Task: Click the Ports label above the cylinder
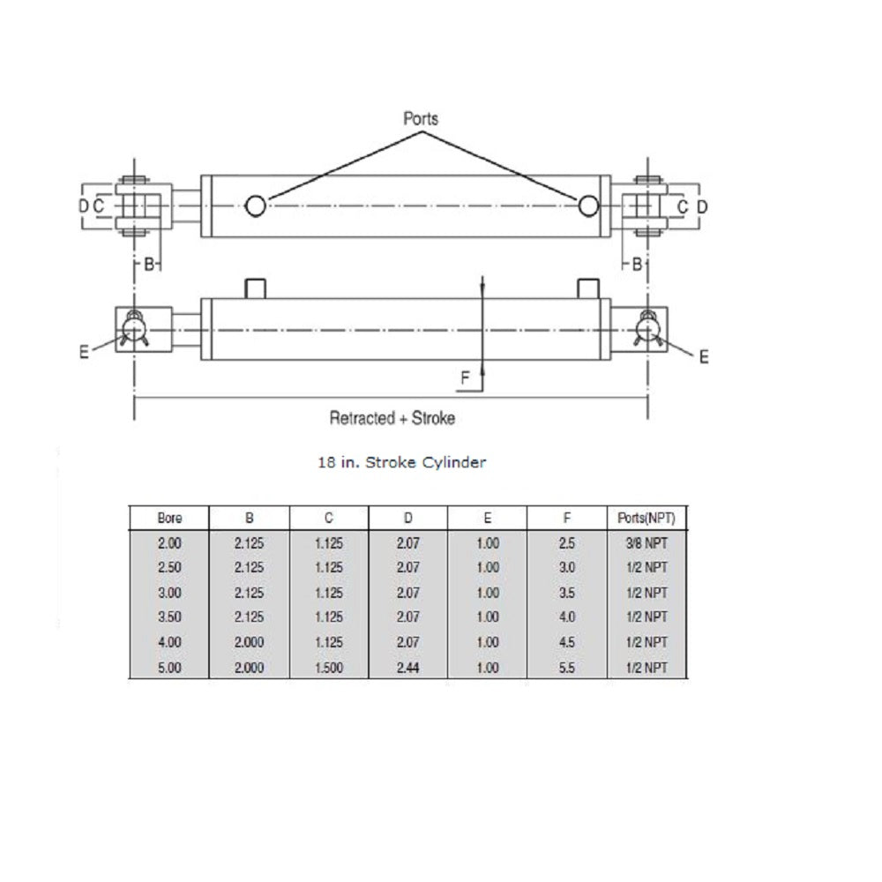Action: [x=420, y=117]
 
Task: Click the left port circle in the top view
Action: [x=255, y=206]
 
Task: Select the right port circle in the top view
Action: [x=588, y=206]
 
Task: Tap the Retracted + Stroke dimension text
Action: [x=392, y=418]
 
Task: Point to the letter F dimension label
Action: [x=465, y=378]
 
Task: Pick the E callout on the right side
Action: [x=704, y=356]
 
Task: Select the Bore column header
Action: [x=168, y=518]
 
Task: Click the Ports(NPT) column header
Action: [x=647, y=518]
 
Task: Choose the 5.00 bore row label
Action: [x=168, y=668]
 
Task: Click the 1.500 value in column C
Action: [x=328, y=668]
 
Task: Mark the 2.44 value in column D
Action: [x=408, y=668]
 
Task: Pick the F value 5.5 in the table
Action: [x=566, y=668]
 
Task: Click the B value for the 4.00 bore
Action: [x=249, y=643]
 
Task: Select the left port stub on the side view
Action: [x=255, y=288]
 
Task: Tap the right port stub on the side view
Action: [x=588, y=288]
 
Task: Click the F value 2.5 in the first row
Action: [x=566, y=543]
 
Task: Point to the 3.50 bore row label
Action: [x=168, y=617]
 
